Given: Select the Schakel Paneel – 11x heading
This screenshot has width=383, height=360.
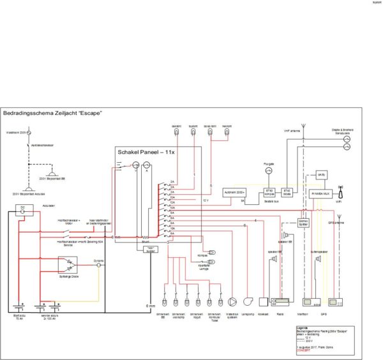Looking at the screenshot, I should pos(146,153).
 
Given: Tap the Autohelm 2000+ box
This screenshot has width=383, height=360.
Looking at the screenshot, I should pos(234,191).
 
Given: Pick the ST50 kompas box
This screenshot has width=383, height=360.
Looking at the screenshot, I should pos(269,191).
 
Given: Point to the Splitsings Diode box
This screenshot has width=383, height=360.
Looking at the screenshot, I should pos(68,264).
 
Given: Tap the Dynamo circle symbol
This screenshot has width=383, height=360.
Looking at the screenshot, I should pos(98,265).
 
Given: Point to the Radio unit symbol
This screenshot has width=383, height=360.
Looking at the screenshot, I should pos(280,300).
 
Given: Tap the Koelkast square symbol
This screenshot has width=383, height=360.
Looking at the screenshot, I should pos(262,300).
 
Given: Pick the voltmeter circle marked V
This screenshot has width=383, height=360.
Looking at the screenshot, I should pos(135,171).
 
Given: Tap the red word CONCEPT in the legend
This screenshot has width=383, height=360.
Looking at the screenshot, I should pos(304,350).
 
